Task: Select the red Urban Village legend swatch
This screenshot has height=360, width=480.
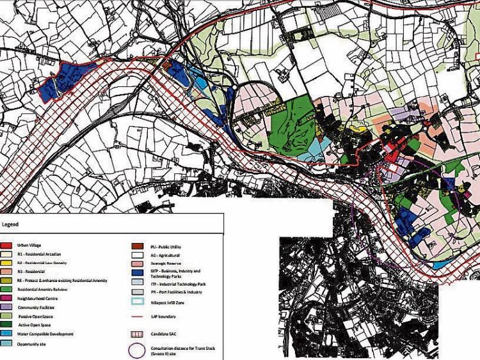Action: tap(10, 245)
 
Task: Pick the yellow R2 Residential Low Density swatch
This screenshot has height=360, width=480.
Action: tap(10, 262)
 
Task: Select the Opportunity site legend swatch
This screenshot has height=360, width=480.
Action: tap(10, 343)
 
